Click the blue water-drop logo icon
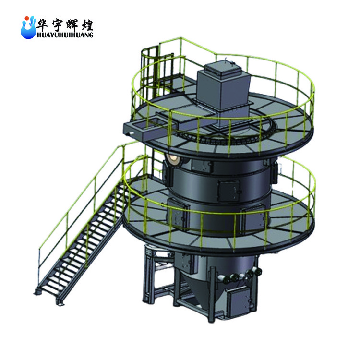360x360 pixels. pyautogui.click(x=28, y=27)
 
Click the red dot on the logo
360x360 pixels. pyautogui.click(x=27, y=18)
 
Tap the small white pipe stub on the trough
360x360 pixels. pyautogui.click(x=132, y=132)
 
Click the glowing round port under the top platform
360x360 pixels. pyautogui.click(x=173, y=159)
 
